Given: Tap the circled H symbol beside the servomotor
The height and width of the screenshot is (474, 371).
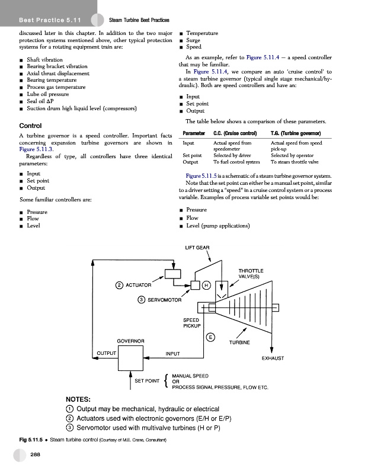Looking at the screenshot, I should point(206,286).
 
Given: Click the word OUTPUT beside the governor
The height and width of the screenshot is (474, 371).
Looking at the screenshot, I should point(107,355).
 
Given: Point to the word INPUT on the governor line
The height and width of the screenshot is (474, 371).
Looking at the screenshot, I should point(172,354).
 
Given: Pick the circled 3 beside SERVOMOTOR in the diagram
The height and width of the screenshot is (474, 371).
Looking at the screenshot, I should point(141,299).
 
